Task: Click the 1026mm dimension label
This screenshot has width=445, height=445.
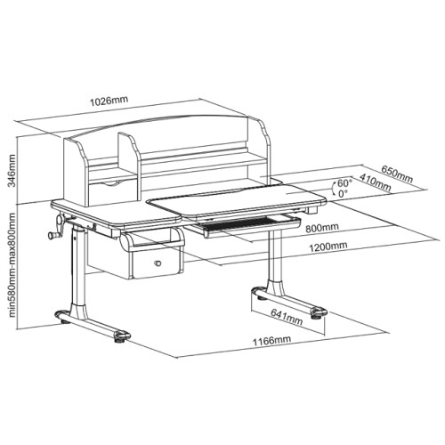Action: click(x=109, y=101)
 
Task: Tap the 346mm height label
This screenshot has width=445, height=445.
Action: click(x=12, y=171)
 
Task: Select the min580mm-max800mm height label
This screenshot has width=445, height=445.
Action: click(x=12, y=264)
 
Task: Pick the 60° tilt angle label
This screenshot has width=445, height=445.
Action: click(x=345, y=182)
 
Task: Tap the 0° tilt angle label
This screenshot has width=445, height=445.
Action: click(x=343, y=193)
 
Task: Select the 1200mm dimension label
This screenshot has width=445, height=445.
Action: click(x=328, y=247)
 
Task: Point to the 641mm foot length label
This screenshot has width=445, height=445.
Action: click(x=287, y=317)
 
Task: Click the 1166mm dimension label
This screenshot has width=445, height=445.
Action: click(x=271, y=340)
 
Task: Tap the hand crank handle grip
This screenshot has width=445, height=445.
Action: click(x=53, y=236)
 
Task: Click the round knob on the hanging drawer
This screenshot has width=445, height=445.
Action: click(x=158, y=263)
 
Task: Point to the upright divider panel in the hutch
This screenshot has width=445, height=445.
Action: click(x=129, y=166)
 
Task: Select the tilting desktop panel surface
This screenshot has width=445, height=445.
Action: click(x=237, y=199)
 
